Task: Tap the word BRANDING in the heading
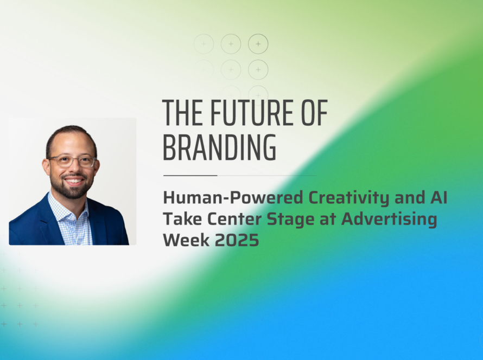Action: (x=219, y=147)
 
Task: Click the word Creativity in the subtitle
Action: (x=349, y=198)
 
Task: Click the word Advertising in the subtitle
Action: (x=389, y=220)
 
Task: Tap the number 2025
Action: (x=237, y=240)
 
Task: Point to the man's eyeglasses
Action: (x=72, y=161)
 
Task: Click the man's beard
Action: (x=72, y=188)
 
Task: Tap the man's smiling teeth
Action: (x=73, y=181)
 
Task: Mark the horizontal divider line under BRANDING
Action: (x=240, y=176)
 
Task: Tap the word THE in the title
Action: (x=182, y=113)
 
